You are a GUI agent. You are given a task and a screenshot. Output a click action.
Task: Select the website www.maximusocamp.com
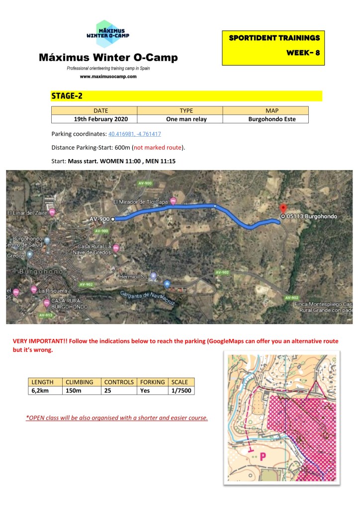108,77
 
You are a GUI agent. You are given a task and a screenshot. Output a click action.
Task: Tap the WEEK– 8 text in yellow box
303,53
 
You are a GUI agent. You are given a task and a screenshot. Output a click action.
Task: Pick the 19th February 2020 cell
94,119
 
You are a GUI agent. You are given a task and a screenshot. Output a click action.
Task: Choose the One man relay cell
180,119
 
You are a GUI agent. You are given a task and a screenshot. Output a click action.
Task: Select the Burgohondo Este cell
265,119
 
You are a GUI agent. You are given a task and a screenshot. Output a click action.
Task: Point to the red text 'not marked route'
159,148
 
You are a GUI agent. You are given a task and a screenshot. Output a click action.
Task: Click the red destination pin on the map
283,209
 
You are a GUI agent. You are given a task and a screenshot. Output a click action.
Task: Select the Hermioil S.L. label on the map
134,276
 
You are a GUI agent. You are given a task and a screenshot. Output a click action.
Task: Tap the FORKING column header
152,382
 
